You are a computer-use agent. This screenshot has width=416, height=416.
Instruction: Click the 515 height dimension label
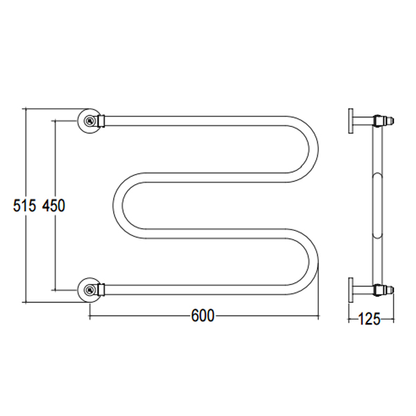(x=24, y=206)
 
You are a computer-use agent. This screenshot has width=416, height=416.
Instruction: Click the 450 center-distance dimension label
(x=53, y=206)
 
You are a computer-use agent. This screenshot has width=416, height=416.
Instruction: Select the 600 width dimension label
(x=202, y=315)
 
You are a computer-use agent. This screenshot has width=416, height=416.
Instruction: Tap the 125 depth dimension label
(x=369, y=319)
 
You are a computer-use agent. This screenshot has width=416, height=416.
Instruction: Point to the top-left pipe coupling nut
(x=101, y=121)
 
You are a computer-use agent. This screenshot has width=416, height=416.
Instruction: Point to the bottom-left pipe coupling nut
(x=101, y=290)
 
